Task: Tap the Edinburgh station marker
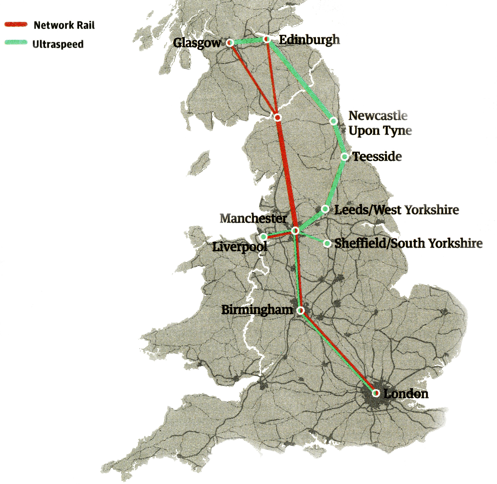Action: click(266, 39)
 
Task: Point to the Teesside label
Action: click(377, 156)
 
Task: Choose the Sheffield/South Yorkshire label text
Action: click(408, 243)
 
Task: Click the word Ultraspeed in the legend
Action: click(58, 44)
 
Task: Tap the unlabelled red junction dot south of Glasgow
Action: click(278, 117)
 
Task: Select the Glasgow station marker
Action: click(230, 43)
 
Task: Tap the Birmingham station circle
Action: click(301, 310)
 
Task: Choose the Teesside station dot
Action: click(344, 157)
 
